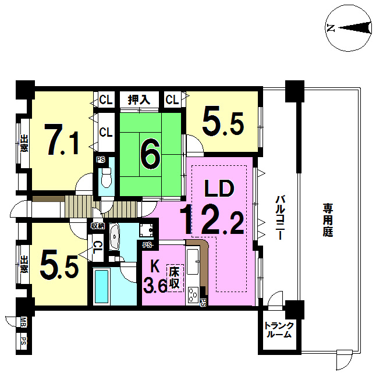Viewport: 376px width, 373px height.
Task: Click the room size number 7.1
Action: [x=63, y=139]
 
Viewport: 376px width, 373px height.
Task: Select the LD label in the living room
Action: [x=219, y=188]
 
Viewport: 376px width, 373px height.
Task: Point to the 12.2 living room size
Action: [x=212, y=219]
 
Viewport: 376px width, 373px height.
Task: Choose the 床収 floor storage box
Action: [x=175, y=278]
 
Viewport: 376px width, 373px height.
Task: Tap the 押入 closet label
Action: [x=139, y=100]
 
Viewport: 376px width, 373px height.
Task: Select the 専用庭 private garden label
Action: [x=328, y=220]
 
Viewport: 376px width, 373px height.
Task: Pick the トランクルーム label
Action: [x=279, y=330]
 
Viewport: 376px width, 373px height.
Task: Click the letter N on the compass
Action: [x=331, y=28]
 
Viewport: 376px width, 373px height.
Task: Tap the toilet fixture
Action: [x=107, y=177]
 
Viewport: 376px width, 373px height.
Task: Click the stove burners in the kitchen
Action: [x=193, y=294]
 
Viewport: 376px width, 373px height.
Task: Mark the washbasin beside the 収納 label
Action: [x=115, y=236]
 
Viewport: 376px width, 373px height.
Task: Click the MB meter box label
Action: [x=23, y=322]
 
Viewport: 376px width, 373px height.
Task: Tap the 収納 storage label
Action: [x=97, y=226]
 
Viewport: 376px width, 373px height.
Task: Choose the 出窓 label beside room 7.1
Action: [x=24, y=143]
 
